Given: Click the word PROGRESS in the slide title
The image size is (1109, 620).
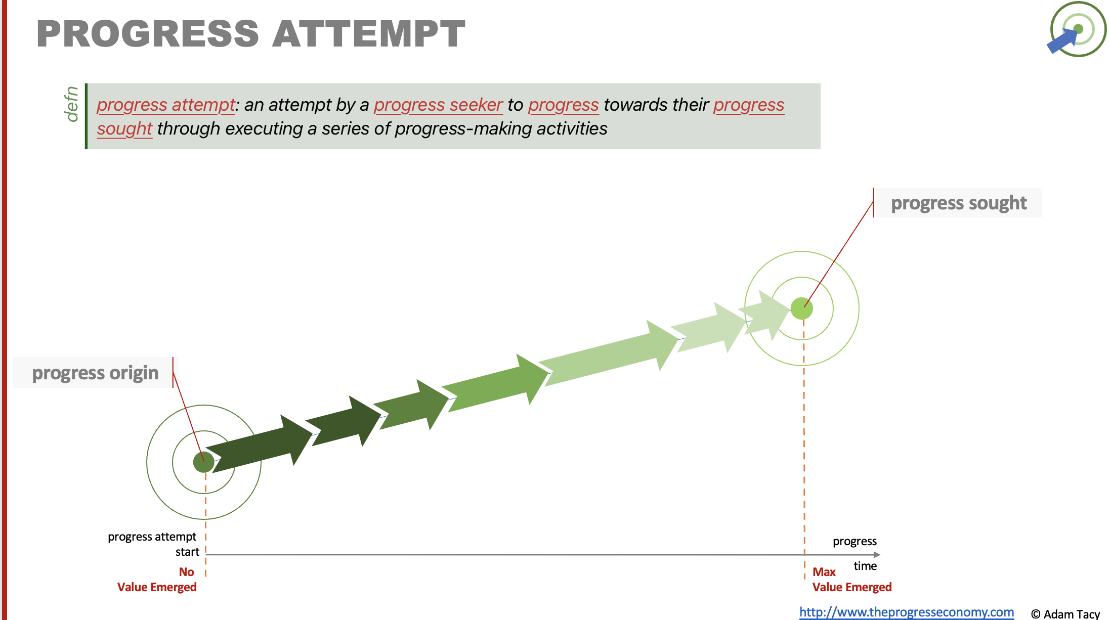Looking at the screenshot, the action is [x=148, y=34].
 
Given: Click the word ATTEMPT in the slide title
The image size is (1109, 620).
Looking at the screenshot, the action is [x=369, y=34].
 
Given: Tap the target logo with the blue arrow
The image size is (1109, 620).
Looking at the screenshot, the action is [x=1077, y=29].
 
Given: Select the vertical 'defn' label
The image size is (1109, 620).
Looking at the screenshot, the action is [x=71, y=104].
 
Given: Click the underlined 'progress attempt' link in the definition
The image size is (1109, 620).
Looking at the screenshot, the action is [x=166, y=105].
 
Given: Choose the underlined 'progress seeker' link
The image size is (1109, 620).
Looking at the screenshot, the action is [x=438, y=105].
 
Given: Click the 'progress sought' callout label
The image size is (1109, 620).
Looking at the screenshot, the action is [x=959, y=203].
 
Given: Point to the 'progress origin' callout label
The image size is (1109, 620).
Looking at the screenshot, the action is [x=95, y=373].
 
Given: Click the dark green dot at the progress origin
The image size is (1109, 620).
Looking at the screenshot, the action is [x=204, y=462].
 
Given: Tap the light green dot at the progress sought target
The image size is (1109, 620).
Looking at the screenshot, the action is [x=802, y=308].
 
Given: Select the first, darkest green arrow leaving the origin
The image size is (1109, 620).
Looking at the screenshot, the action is [x=260, y=443].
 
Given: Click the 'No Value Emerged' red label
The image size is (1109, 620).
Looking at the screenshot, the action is [x=157, y=580].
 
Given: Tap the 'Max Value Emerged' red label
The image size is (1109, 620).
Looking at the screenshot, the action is [x=852, y=580].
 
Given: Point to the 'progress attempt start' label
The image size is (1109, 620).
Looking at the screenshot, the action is [x=153, y=544].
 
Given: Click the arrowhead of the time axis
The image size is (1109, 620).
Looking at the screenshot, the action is [x=877, y=555].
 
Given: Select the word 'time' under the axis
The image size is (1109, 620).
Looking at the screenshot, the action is [x=865, y=566].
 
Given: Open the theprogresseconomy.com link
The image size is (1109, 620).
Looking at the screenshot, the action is [x=907, y=612].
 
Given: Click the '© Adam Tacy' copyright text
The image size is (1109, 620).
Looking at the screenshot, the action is [x=1065, y=614].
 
